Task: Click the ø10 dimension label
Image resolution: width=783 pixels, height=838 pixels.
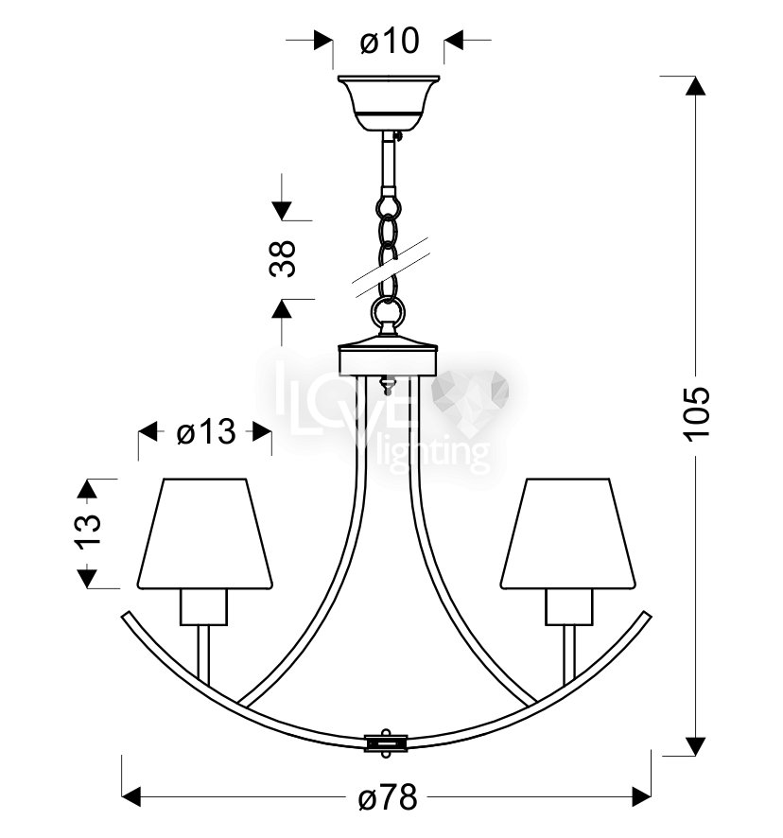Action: pyautogui.click(x=390, y=41)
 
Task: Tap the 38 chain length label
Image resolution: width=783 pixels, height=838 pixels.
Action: pyautogui.click(x=282, y=258)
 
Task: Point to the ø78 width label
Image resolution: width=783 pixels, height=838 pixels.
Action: pyautogui.click(x=388, y=798)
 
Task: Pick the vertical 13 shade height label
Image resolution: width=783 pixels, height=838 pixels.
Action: pyautogui.click(x=88, y=532)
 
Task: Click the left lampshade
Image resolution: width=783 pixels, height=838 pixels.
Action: pyautogui.click(x=205, y=533)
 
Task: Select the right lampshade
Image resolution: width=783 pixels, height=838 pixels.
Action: pyautogui.click(x=568, y=533)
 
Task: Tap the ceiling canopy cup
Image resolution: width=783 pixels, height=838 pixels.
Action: pyautogui.click(x=389, y=103)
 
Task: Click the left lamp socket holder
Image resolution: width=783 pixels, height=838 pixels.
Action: pyautogui.click(x=203, y=607)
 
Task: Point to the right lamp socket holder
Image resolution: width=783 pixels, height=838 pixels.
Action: pyautogui.click(x=569, y=607)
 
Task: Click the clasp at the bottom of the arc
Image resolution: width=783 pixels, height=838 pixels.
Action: pyautogui.click(x=386, y=742)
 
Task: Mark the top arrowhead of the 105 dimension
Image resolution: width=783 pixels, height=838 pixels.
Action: pyautogui.click(x=695, y=85)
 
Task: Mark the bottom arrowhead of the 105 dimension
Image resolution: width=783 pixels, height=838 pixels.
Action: pyautogui.click(x=695, y=745)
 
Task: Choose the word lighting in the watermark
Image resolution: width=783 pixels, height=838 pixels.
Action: pyautogui.click(x=432, y=455)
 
